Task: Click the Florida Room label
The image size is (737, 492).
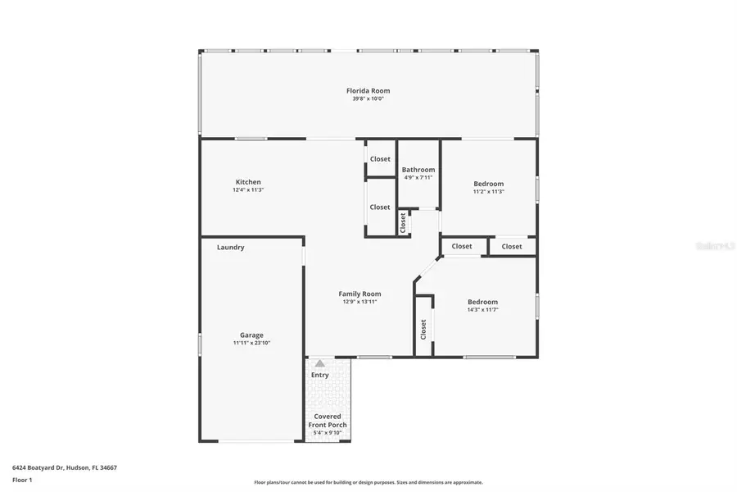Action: (x=368, y=90)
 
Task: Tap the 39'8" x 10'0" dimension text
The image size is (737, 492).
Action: (x=368, y=98)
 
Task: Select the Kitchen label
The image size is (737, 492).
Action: (x=248, y=182)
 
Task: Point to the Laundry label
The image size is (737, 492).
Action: (x=230, y=247)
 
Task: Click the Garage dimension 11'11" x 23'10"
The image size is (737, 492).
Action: (x=251, y=343)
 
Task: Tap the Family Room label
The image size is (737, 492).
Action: (x=360, y=294)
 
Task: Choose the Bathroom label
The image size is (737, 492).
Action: (x=418, y=170)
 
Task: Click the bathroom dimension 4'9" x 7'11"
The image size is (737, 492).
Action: (x=418, y=177)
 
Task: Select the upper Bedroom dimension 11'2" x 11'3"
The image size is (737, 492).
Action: (x=489, y=191)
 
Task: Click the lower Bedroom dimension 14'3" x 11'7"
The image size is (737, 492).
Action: (x=482, y=309)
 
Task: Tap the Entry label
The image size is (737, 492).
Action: (x=319, y=375)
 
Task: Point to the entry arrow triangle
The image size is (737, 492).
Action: (x=319, y=362)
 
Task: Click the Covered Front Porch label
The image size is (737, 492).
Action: (x=327, y=421)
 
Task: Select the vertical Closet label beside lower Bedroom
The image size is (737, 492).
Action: (x=423, y=330)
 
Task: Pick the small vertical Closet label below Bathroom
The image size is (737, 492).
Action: (x=403, y=222)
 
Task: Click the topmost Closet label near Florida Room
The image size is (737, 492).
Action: (x=380, y=159)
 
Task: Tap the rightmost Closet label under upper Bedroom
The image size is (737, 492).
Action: (x=512, y=246)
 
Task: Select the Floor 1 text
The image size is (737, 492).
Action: (x=22, y=480)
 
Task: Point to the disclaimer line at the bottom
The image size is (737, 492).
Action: (x=368, y=482)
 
